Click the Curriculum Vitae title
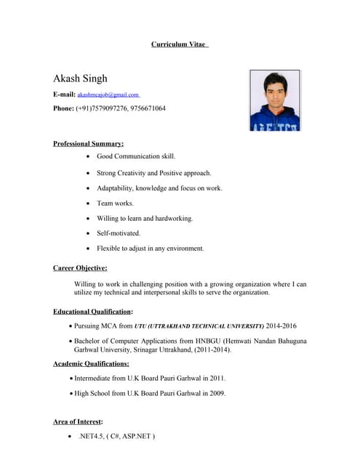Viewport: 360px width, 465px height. click(179, 44)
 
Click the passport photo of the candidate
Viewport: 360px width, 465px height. click(274, 100)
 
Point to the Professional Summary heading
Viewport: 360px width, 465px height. click(88, 144)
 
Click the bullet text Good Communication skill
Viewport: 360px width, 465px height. click(136, 156)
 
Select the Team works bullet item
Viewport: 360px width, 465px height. click(115, 203)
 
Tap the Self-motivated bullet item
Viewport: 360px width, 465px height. click(119, 233)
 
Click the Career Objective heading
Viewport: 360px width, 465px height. click(80, 268)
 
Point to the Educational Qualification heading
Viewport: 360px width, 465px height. click(92, 311)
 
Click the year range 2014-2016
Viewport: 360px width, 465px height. click(282, 326)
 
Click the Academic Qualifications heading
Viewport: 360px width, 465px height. click(91, 363)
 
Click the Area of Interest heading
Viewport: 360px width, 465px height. click(78, 421)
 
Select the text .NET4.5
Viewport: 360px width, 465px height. click(92, 437)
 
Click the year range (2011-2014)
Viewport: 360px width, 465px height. click(209, 350)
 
